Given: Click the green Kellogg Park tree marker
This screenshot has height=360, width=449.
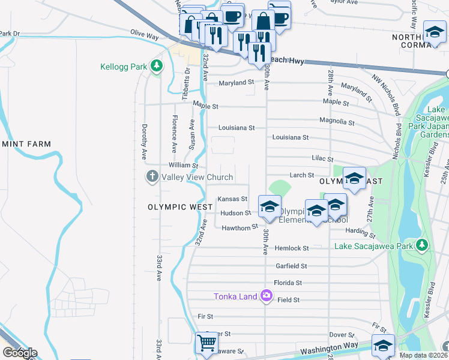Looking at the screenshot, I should pos(157,65).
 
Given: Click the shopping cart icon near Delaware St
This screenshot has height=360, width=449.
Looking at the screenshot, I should pos(206,343).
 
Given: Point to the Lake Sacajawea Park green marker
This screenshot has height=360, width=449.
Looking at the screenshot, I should pos(423,245).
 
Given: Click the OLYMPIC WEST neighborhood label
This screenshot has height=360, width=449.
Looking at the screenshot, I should pos(180,207).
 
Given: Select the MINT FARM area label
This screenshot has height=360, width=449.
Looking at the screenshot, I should pos(25,144).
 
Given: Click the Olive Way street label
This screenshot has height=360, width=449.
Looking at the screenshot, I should pos(144,37).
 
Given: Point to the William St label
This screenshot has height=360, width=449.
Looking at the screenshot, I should pos(183,165).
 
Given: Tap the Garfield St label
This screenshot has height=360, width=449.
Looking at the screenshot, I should pos(291,266).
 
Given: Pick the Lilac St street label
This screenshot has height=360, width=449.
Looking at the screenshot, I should pos(322,159).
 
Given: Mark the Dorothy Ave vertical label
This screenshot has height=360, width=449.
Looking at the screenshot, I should pos(144,142).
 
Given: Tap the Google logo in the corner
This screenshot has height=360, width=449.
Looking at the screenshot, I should pos(19,353).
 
